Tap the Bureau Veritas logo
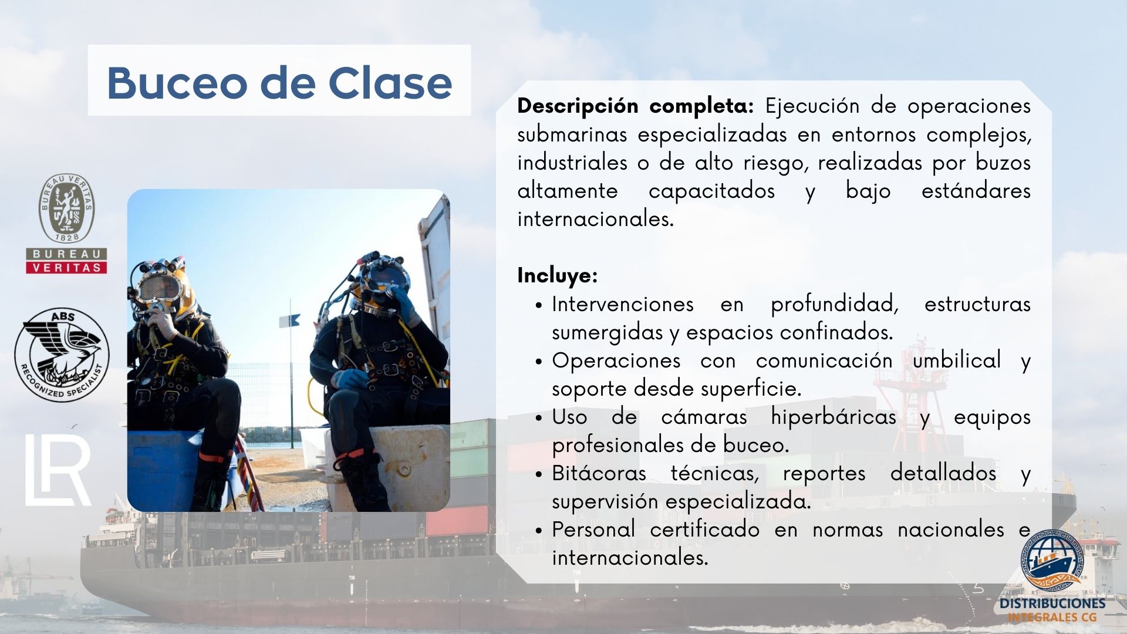coord(66,224)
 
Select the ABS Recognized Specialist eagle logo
coord(62,355)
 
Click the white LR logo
coord(58,470)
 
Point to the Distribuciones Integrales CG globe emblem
coord(1054,561)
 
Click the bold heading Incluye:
coord(557,275)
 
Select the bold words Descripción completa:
coord(635,106)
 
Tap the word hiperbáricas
coord(834,417)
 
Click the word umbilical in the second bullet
coord(957,360)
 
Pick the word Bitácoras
coord(599,473)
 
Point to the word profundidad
coord(835,304)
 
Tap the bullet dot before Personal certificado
coord(539,531)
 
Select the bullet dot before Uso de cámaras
coord(539,418)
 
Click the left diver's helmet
coord(164,285)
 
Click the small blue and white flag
coord(290,321)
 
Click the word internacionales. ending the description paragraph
coord(595,219)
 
